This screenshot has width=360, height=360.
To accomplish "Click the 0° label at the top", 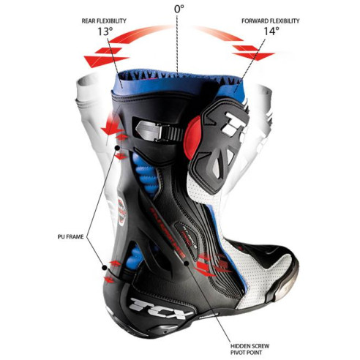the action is click(179, 9).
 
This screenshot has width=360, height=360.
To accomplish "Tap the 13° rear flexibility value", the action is click(105, 31).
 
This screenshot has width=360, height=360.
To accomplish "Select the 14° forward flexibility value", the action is click(271, 31).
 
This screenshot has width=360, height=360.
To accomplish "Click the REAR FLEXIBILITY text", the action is click(104, 20).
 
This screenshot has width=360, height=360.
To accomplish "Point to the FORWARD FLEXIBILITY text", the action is click(270, 20).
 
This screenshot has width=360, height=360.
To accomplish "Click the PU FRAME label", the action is click(71, 236).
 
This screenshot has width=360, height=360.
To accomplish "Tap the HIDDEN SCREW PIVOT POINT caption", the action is click(250, 349).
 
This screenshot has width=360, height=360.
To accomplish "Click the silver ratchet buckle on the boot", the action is click(159, 131).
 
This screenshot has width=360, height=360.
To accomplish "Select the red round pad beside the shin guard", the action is click(192, 138).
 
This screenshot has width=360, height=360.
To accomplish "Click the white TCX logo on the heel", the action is click(160, 307).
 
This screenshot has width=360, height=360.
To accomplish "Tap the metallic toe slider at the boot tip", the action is click(287, 288).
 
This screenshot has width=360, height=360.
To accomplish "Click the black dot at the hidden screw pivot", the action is click(187, 263).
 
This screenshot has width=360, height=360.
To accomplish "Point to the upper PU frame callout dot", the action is click(117, 148).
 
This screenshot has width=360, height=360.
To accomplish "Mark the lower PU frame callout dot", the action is click(105, 268).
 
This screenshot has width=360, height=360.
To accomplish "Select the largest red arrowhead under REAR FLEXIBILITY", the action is click(105, 61).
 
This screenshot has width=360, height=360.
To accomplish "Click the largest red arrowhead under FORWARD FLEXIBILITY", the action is click(254, 56).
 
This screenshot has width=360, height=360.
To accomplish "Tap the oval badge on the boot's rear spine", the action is click(121, 211).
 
